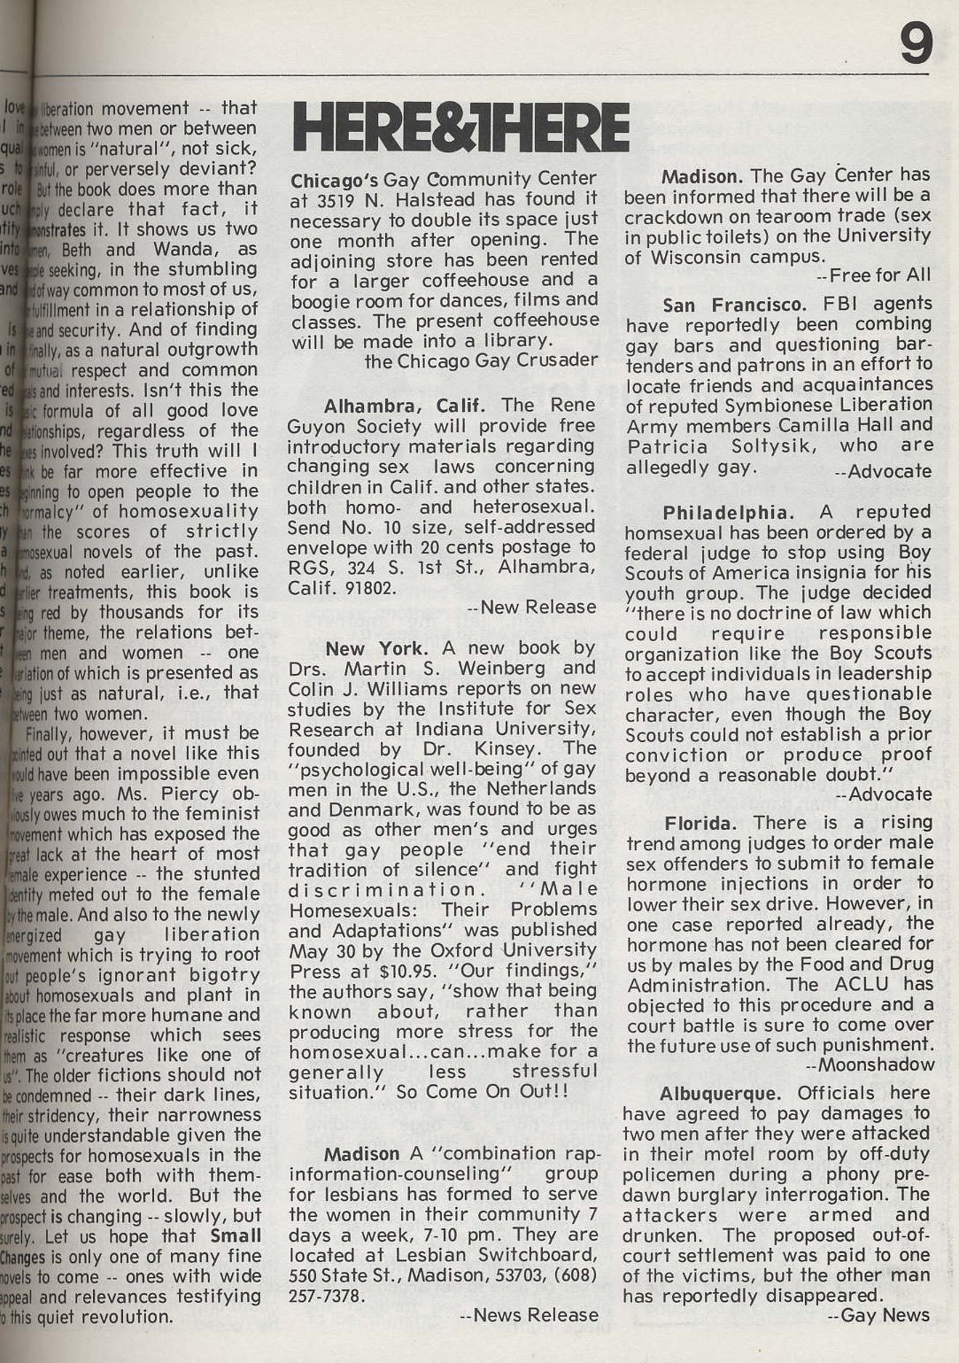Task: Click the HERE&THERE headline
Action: pos(460,128)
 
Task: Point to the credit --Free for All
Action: pos(874,276)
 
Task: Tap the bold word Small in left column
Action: pos(236,1235)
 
